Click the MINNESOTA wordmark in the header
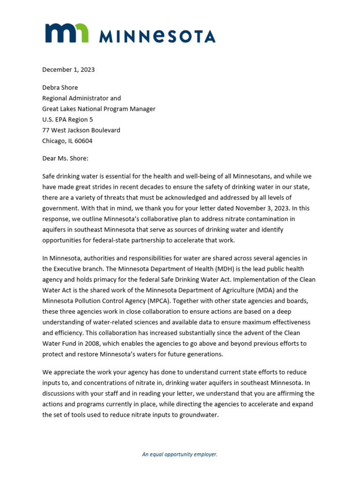coord(157,36)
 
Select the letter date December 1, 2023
coord(68,69)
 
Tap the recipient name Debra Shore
coord(60,88)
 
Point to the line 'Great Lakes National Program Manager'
coord(98,109)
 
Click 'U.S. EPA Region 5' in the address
coord(67,120)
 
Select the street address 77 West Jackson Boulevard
coord(81,130)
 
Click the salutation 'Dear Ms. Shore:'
coord(65,158)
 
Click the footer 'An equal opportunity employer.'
coord(180,454)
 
